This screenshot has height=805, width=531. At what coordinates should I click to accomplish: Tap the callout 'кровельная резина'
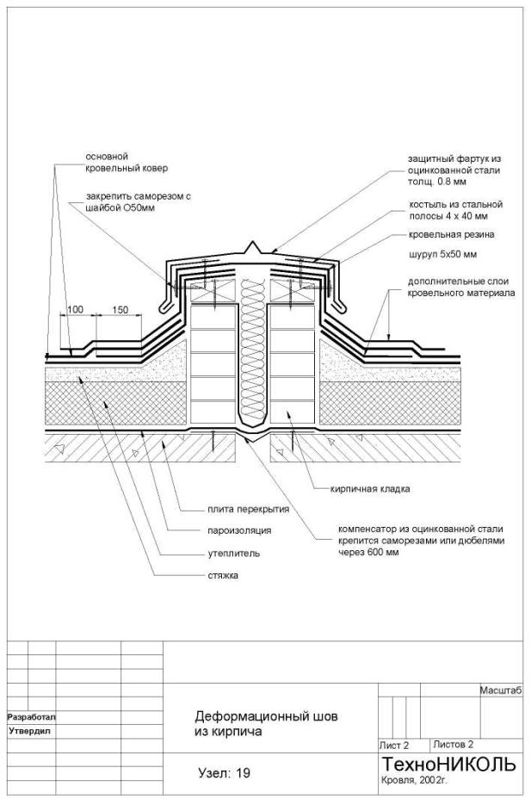click(x=452, y=234)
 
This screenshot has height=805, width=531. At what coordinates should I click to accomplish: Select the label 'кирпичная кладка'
click(x=371, y=488)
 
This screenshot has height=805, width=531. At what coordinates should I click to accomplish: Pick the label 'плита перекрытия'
click(x=247, y=509)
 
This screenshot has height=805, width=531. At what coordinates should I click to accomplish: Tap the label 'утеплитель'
click(x=222, y=553)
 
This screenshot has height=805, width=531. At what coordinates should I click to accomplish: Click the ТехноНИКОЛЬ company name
click(x=448, y=765)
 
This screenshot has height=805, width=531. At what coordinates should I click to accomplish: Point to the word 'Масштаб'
click(x=500, y=690)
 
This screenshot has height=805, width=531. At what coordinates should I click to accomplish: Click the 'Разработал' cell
click(x=31, y=716)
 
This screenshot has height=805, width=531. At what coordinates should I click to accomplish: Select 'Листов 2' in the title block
click(x=454, y=744)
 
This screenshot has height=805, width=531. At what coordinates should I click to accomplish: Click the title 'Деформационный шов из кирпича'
click(x=267, y=723)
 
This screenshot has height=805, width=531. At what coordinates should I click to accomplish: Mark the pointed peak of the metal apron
click(x=251, y=244)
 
